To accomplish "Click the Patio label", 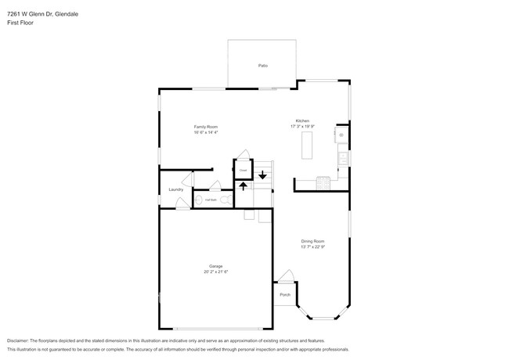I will pos(263,65).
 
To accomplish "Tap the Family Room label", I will pos(206,126).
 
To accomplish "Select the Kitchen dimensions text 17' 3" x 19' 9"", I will pos(302,126).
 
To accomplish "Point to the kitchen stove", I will pos(323,183).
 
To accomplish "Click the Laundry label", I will pos(176,189).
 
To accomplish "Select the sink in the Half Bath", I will pos(197,201).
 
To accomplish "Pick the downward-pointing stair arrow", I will pos(262,175).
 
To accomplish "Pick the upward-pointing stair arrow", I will pos(243,185).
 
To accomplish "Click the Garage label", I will pos(215,266).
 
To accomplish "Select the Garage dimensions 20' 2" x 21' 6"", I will pos(215,272).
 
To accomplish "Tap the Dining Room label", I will pos(312,241).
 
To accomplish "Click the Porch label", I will pos(284,295).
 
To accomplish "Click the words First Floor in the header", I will pos(20,23).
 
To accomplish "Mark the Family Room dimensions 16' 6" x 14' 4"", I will pos(206,131).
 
